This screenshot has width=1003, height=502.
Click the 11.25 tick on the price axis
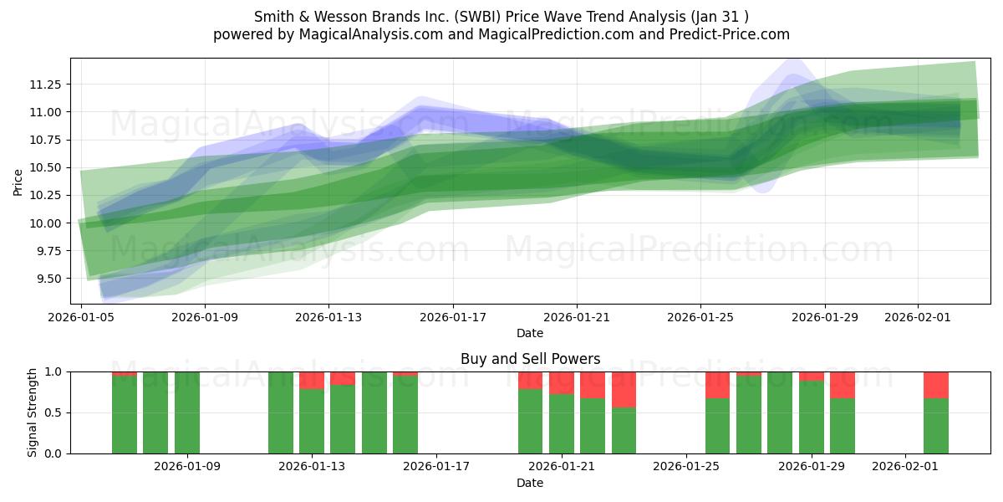[45, 85]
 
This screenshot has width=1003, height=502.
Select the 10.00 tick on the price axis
[45, 223]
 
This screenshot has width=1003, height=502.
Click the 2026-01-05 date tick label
[81, 317]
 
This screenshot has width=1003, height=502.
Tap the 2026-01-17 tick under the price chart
[452, 317]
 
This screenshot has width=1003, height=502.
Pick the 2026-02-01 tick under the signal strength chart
[905, 466]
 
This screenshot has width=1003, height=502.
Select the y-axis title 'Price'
[18, 181]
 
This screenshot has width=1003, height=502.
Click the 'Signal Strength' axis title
[33, 412]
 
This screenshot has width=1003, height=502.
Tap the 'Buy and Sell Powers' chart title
[530, 359]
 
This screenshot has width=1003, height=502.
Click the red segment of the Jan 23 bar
[624, 389]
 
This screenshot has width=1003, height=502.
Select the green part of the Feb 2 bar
[936, 426]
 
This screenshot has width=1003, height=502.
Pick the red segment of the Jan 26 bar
[717, 385]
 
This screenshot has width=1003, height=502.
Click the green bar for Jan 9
[187, 412]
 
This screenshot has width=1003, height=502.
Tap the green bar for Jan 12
[281, 412]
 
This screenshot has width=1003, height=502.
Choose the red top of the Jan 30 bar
[843, 385]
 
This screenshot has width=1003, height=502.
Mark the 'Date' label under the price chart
[530, 333]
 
